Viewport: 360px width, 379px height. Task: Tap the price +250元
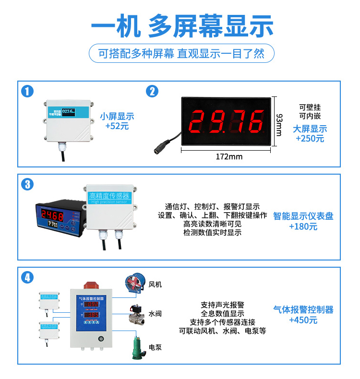tap(310, 139)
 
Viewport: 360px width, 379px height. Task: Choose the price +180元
tap(303, 226)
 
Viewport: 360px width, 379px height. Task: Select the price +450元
tap(303, 320)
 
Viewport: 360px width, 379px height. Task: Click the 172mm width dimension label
tap(229, 156)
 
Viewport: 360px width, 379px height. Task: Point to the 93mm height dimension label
tap(280, 124)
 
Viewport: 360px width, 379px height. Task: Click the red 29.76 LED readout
tap(228, 122)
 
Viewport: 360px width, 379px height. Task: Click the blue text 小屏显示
tap(117, 116)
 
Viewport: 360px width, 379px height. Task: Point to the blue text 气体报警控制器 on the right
tap(303, 309)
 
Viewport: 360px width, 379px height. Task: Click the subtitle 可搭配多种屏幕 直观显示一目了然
tap(181, 53)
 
